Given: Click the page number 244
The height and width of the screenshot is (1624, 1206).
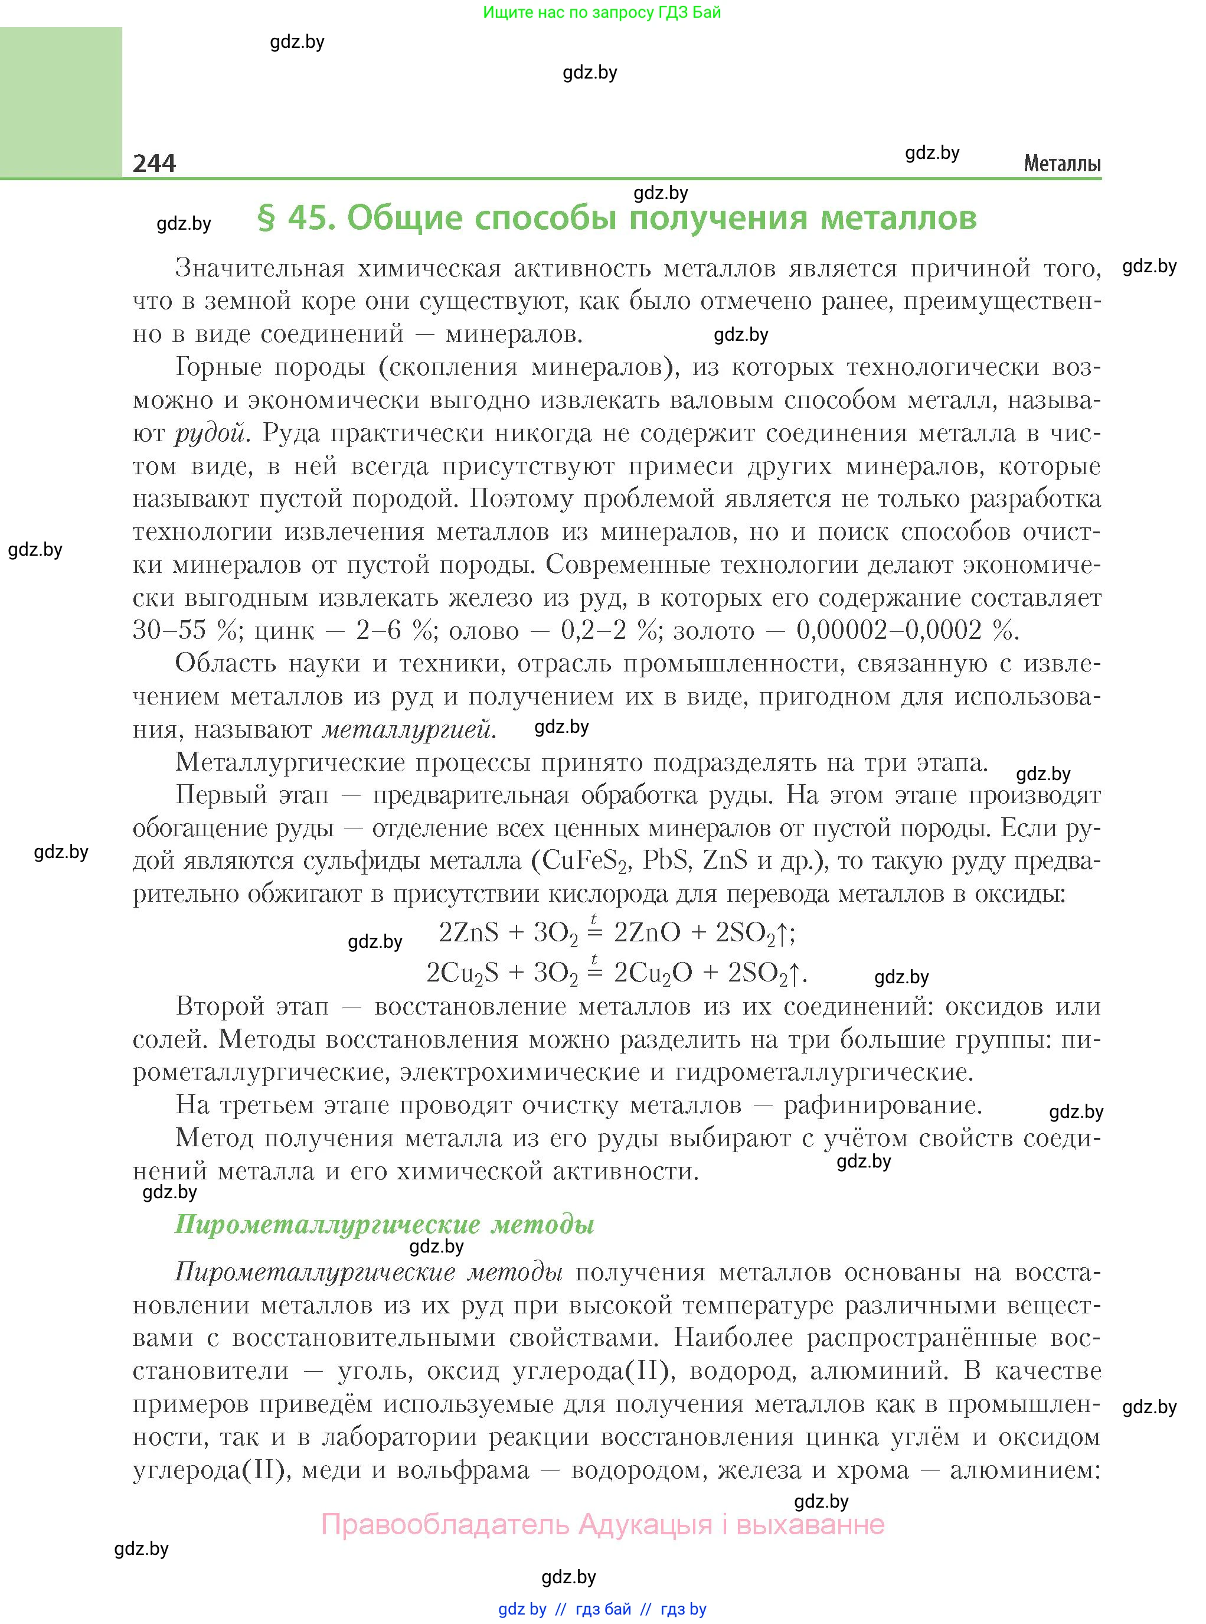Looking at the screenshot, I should [154, 162].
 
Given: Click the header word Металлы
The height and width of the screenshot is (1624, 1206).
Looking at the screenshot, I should [1061, 164].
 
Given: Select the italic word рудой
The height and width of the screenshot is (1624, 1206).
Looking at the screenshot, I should [210, 433].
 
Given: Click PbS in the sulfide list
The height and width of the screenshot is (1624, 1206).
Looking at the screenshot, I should [666, 860].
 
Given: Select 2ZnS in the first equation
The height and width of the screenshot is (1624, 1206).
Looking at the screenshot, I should [469, 932].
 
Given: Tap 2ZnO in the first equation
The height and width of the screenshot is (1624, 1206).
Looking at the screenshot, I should [647, 932].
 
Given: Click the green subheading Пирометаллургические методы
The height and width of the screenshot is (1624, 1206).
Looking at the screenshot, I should [384, 1224].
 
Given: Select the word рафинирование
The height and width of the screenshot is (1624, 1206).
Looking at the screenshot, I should [882, 1105].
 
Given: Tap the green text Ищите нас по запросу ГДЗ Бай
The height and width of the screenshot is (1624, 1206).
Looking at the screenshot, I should [602, 12].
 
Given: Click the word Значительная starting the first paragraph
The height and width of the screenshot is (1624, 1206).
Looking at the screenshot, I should [259, 269].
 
